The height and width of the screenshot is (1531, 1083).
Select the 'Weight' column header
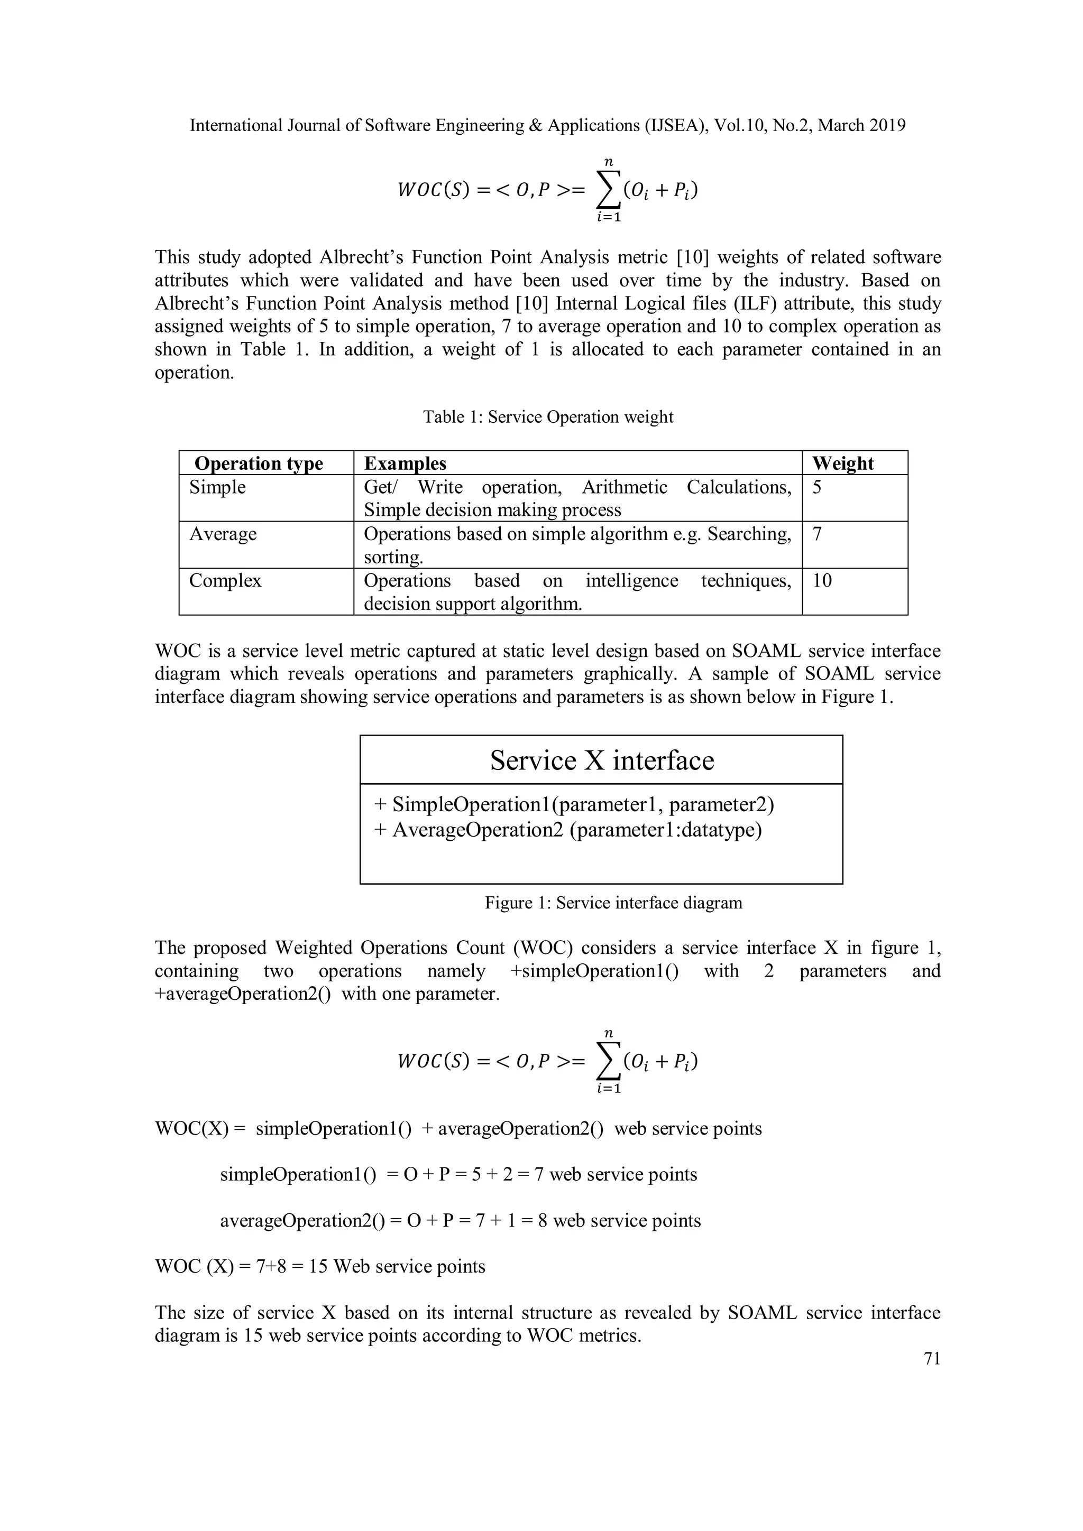843,463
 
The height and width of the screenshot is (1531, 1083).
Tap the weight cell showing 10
822,580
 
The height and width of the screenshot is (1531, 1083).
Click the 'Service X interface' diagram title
601,760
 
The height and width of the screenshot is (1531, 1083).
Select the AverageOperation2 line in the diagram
568,830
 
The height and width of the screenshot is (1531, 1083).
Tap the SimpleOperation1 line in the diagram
574,805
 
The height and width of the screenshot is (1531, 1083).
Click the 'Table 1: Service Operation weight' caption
548,417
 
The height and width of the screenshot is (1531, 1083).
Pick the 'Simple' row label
217,487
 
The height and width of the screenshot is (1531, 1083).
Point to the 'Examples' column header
405,463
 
